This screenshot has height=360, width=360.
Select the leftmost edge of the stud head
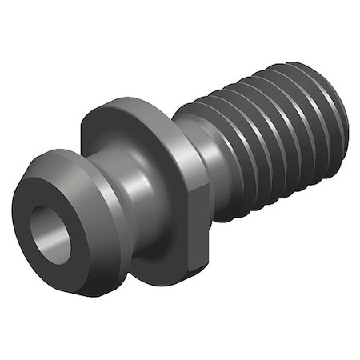point(13,214)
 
